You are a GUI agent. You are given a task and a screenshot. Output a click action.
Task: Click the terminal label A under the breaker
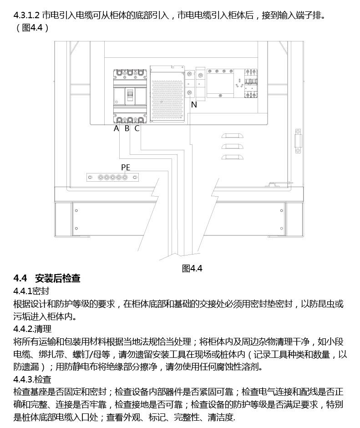117,128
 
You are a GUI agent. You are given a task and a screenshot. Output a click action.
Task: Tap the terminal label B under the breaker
127,128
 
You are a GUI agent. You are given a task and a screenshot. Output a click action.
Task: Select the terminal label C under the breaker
137,128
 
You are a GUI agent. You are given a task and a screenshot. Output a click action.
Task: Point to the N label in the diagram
194,105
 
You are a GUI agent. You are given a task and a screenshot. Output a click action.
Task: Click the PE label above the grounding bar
126,167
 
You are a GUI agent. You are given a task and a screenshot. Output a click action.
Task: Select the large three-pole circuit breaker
130,97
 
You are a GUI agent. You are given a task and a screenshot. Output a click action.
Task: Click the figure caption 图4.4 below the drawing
192,268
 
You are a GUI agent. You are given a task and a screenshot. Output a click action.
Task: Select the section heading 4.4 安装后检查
47,278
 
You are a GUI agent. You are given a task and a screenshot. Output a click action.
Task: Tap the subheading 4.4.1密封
31,291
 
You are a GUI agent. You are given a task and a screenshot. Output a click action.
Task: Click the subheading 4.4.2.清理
32,329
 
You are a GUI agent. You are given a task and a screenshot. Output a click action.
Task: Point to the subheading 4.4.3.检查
32,379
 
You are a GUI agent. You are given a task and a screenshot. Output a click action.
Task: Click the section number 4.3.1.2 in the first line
26,15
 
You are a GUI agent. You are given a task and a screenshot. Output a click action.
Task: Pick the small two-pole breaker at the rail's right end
251,83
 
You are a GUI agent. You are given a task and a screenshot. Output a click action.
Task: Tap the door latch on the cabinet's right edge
298,141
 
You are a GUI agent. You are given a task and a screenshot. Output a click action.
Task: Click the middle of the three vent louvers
232,146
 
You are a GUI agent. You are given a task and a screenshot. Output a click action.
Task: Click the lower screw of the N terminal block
190,94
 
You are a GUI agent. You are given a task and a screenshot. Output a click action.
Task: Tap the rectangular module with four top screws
220,83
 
